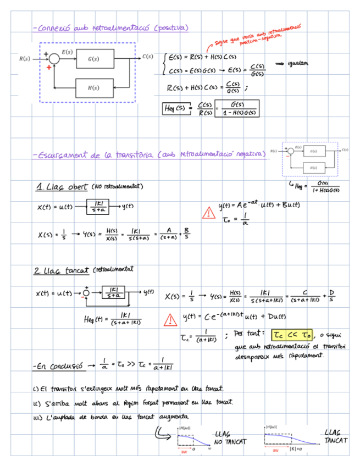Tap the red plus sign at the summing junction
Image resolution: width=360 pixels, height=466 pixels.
coord(49,68)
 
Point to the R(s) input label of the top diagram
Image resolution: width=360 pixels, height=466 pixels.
coord(24,58)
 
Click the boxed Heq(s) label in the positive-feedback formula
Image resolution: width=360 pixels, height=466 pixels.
coord(175,108)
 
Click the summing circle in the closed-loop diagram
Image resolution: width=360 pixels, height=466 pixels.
coord(86,292)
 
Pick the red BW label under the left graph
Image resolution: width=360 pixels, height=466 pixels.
coord(184,452)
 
